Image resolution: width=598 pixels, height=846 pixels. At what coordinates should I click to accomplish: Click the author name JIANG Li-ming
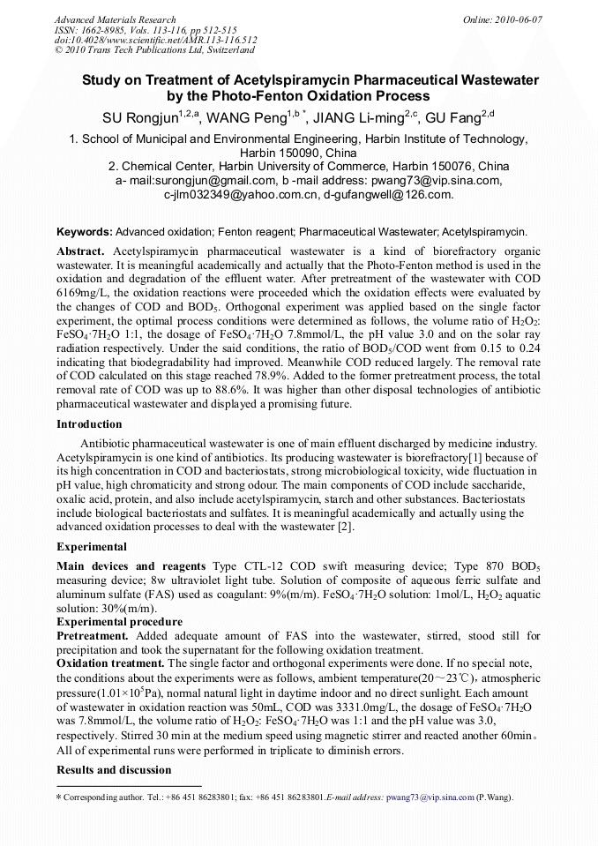click(x=360, y=118)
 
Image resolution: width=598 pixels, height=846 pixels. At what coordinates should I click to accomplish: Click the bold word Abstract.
click(x=80, y=251)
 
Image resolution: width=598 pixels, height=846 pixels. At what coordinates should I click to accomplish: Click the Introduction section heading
click(x=89, y=424)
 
